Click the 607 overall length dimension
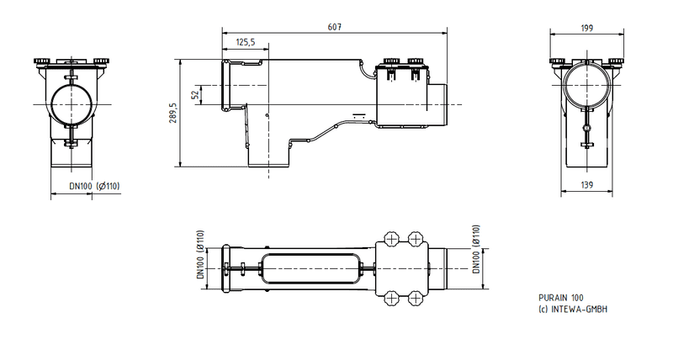[x=333, y=26]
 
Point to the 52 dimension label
[x=196, y=95]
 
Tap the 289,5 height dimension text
[x=172, y=114]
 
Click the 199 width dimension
[x=586, y=28]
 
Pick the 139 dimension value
[x=586, y=183]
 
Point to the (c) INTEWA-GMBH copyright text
[x=573, y=309]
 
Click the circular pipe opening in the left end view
[x=72, y=102]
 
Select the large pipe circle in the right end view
[x=586, y=88]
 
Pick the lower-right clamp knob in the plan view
[x=415, y=298]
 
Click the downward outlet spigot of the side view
[x=268, y=155]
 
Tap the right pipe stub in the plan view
[x=444, y=268]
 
